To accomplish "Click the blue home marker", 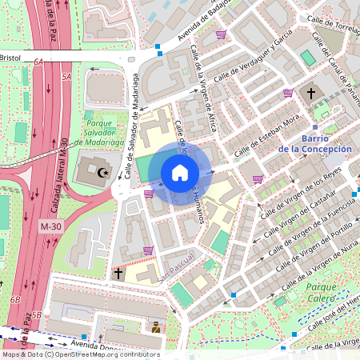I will pyautogui.click(x=180, y=173).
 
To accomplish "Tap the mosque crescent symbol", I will pyautogui.click(x=102, y=171).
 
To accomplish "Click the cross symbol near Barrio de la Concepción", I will pyautogui.click(x=310, y=94).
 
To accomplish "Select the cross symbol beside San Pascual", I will pyautogui.click(x=118, y=273).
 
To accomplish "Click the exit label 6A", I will pyautogui.click(x=38, y=60).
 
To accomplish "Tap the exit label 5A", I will pyautogui.click(x=66, y=76).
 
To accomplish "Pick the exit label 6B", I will pyautogui.click(x=14, y=298).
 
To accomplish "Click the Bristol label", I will pyautogui.click(x=11, y=58).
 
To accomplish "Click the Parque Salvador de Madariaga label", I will pyautogui.click(x=102, y=132).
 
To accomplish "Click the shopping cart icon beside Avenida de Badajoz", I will pyautogui.click(x=221, y=34).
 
